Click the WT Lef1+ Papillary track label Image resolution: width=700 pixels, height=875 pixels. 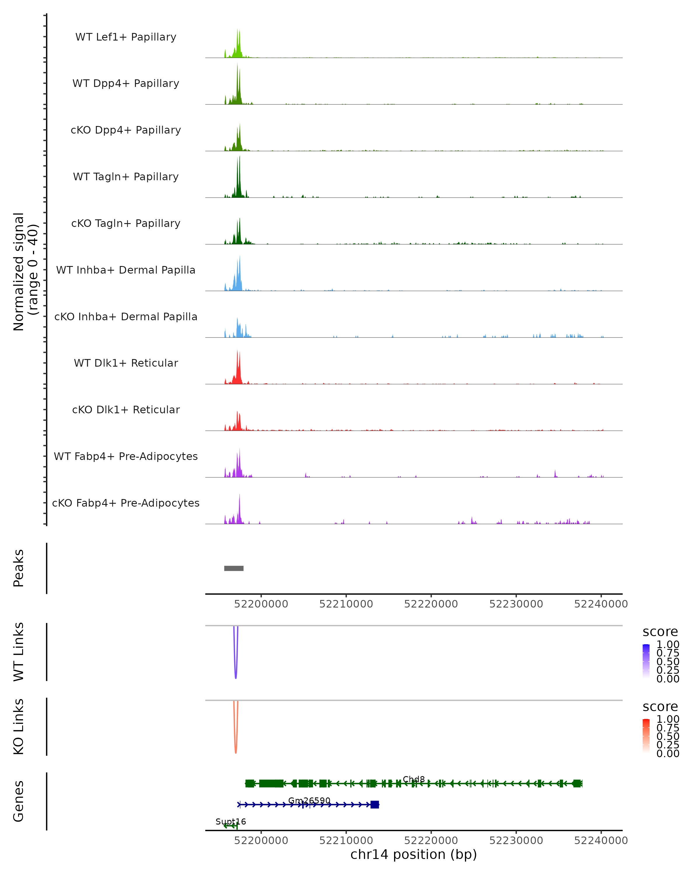tap(126, 37)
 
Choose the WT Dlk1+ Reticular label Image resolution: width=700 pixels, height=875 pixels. tap(126, 363)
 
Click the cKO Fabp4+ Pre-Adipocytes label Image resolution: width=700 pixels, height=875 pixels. tap(126, 503)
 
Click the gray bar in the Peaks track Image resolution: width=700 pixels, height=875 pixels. tap(234, 568)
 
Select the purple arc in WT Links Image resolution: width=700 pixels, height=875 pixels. tap(236, 666)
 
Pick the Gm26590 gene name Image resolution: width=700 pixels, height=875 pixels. tap(309, 800)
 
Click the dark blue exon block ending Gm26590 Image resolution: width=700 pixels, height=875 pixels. tap(374, 804)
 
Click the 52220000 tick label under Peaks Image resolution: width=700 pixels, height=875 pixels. tap(431, 604)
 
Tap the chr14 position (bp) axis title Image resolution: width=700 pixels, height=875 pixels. tap(414, 855)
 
